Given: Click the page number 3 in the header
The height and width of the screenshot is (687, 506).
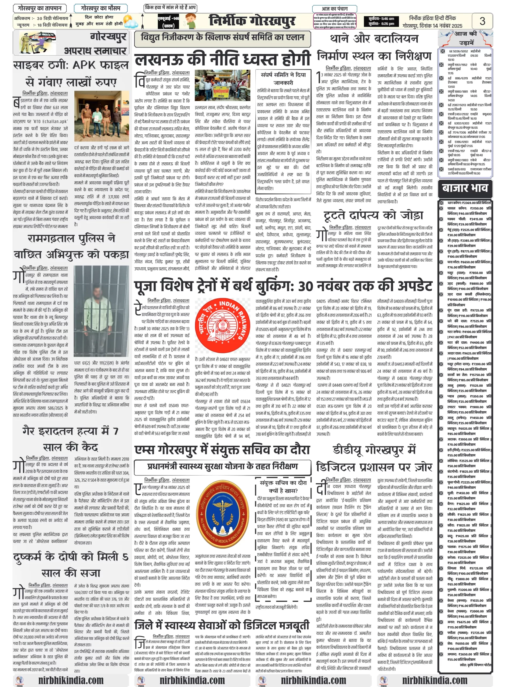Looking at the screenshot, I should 482,21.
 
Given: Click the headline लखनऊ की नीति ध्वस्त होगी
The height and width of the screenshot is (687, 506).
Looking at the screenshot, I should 223,59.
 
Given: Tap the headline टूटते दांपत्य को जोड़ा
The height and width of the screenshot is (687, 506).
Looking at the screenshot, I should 373,215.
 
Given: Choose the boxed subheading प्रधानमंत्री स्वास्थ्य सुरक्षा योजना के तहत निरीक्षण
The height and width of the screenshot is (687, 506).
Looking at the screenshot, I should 222,466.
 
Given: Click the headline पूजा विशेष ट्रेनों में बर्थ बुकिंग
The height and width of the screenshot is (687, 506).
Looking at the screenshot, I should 283,286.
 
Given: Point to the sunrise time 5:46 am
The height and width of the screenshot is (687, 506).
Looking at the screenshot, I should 381,19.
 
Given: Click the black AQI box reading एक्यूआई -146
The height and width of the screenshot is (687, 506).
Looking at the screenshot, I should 168,21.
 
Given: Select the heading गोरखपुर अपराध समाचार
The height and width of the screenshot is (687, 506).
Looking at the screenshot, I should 95,43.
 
